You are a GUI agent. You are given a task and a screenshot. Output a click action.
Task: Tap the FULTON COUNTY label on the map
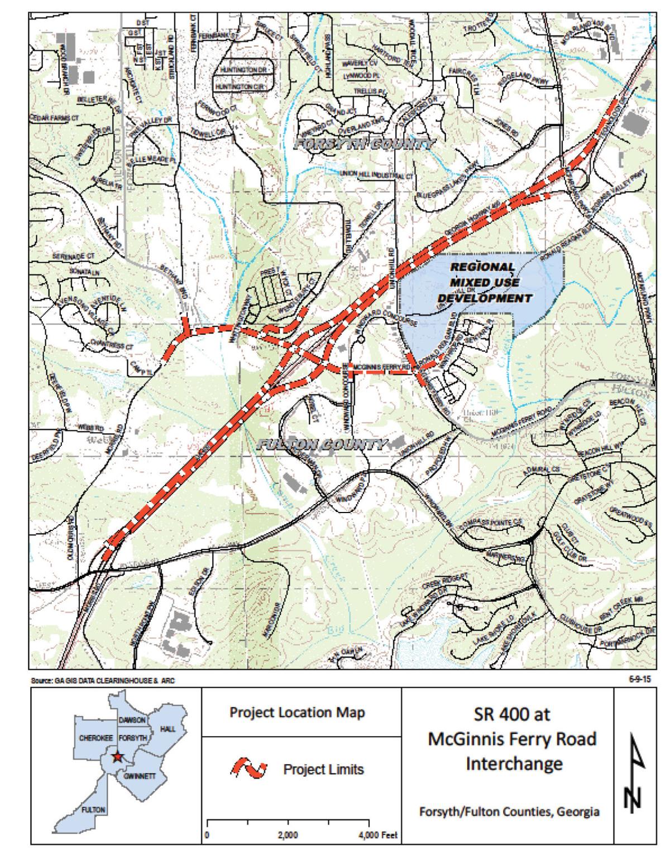point(322,445)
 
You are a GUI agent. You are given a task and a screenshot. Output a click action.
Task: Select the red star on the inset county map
point(117,757)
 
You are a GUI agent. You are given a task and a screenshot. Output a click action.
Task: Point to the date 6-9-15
point(641,679)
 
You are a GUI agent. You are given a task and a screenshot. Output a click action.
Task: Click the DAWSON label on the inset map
point(132,720)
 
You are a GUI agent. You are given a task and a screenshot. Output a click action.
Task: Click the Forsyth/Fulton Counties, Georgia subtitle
point(510,811)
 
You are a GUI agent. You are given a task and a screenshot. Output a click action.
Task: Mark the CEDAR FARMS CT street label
point(54,119)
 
